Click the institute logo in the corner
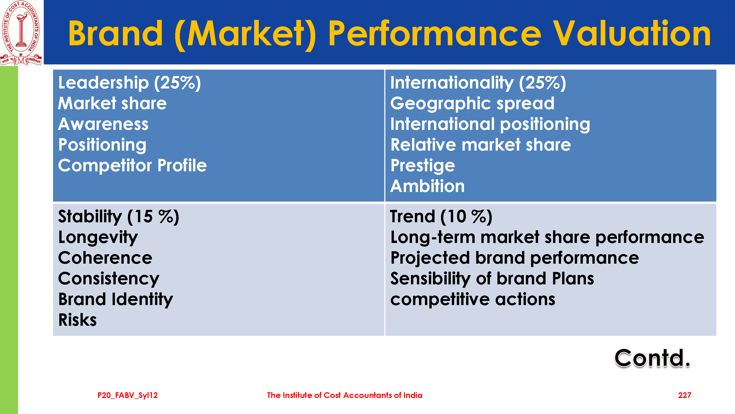click(x=21, y=33)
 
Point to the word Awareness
click(x=103, y=124)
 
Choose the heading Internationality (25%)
click(x=478, y=83)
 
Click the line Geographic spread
click(x=472, y=103)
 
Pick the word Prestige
click(x=423, y=166)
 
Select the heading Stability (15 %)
click(x=119, y=217)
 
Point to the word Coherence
click(x=105, y=258)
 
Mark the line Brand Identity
click(x=116, y=300)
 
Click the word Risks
click(x=77, y=320)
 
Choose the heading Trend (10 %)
click(x=441, y=217)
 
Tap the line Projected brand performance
click(x=514, y=258)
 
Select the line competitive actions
click(x=473, y=300)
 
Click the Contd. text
click(x=652, y=358)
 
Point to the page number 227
click(x=685, y=395)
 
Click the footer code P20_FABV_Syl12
click(x=128, y=395)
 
